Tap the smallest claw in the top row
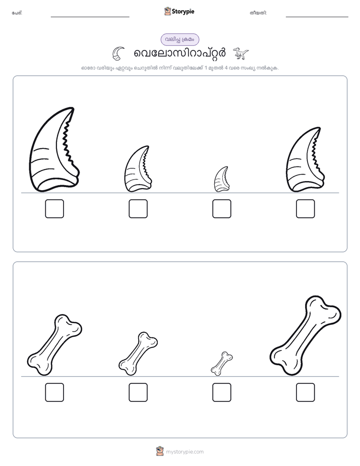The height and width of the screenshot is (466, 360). click(221, 180)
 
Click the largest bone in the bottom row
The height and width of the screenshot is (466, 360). click(306, 335)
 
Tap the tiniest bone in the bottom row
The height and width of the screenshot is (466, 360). click(221, 364)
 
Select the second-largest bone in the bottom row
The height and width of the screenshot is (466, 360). click(54, 345)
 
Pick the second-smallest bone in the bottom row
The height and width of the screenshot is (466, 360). click(138, 354)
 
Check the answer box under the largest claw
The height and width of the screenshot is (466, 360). click(54, 209)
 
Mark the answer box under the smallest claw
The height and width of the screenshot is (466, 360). click(221, 209)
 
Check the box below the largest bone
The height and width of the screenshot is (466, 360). click(306, 392)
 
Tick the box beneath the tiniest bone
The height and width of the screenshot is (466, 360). click(221, 392)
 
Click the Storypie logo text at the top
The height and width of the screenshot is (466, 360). click(183, 12)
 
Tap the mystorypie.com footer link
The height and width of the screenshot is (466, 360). click(185, 452)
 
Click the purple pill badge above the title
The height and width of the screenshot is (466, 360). click(179, 39)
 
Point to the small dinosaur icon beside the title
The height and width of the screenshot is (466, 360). click(241, 53)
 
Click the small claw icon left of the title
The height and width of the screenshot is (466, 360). click(118, 53)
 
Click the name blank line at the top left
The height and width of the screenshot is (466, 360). click(90, 17)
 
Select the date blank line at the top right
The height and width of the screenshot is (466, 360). click(317, 17)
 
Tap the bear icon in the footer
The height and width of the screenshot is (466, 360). click(160, 451)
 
